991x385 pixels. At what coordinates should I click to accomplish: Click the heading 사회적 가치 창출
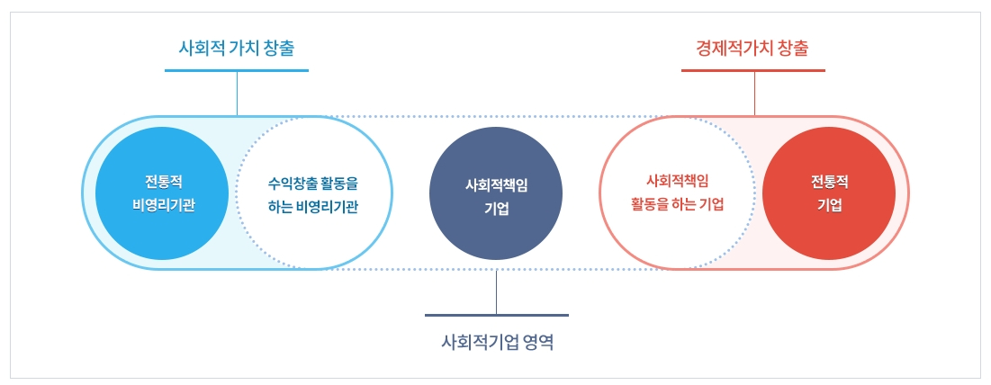point(237,49)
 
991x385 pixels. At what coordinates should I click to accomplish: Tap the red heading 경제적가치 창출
point(752,49)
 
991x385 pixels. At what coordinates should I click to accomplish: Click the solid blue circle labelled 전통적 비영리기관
point(162,193)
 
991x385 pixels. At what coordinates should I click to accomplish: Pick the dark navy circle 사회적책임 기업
point(495,193)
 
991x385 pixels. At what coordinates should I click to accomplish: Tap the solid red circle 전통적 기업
point(829,193)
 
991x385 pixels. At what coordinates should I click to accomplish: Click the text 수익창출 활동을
point(312,184)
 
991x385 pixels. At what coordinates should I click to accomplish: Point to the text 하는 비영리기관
point(312,206)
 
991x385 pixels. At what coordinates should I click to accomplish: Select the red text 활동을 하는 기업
point(677,204)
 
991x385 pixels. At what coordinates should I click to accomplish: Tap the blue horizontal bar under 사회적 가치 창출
point(237,70)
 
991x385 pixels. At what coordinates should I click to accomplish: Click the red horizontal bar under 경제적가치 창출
point(753,70)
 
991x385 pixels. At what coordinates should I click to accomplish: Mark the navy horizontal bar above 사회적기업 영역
point(497,315)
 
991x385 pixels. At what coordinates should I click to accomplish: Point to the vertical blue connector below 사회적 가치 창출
point(237,94)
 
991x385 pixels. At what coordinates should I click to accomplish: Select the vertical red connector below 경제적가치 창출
point(754,94)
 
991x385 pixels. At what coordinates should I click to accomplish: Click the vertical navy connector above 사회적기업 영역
point(497,291)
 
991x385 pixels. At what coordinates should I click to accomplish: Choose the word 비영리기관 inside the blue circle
point(163,206)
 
